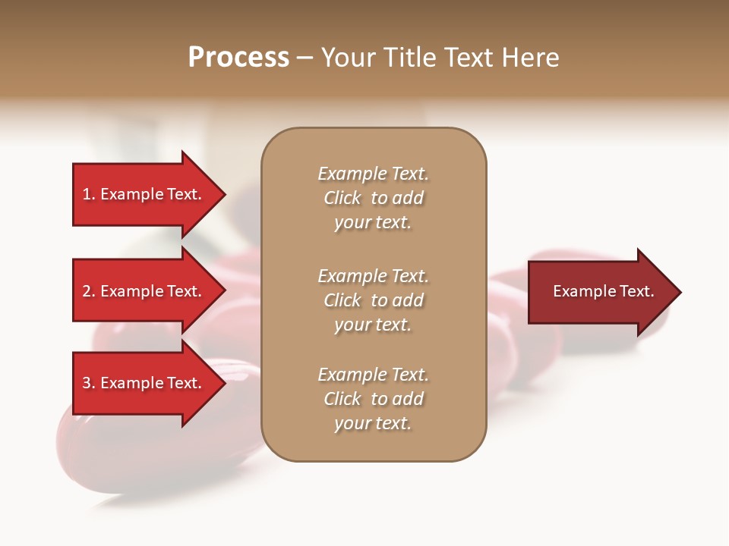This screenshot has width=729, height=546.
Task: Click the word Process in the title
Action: [x=238, y=58]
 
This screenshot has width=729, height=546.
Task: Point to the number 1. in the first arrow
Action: [x=89, y=194]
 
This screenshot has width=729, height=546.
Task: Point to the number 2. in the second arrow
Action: [x=89, y=291]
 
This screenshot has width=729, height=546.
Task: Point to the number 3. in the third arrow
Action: [x=89, y=383]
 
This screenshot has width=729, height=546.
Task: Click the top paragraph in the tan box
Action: [x=374, y=198]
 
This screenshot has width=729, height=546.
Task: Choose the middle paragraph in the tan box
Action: [x=374, y=300]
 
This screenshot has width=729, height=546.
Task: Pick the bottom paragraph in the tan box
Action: [x=374, y=399]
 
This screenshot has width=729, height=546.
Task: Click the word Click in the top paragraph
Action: [x=342, y=198]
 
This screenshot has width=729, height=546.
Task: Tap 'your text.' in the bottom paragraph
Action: [x=373, y=423]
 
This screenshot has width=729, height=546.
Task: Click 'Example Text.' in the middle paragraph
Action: [x=374, y=276]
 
